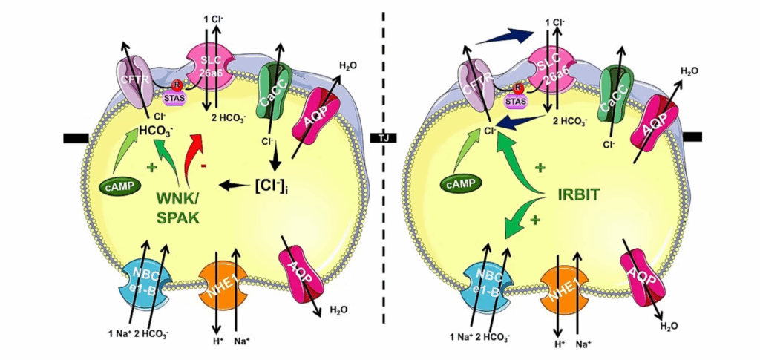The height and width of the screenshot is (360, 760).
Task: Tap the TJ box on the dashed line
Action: click(384, 137)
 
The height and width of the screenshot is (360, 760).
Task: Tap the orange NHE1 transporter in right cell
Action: click(562, 285)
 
